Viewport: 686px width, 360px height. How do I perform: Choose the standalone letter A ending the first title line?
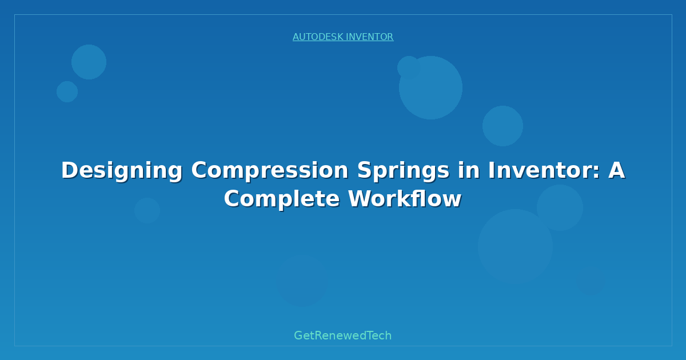click(x=616, y=170)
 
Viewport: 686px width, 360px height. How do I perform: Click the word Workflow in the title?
click(x=405, y=199)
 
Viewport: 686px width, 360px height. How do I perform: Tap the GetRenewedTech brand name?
click(x=343, y=335)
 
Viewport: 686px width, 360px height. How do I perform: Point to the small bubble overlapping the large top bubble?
click(x=408, y=66)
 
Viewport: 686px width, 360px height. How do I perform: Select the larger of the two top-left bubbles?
click(x=89, y=62)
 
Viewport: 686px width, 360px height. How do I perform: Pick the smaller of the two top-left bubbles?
click(x=67, y=91)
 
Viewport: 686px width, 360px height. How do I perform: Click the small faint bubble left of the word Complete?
click(x=147, y=210)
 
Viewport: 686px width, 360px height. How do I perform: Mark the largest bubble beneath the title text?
click(x=515, y=246)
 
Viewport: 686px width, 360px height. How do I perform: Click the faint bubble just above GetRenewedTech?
click(x=302, y=281)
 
